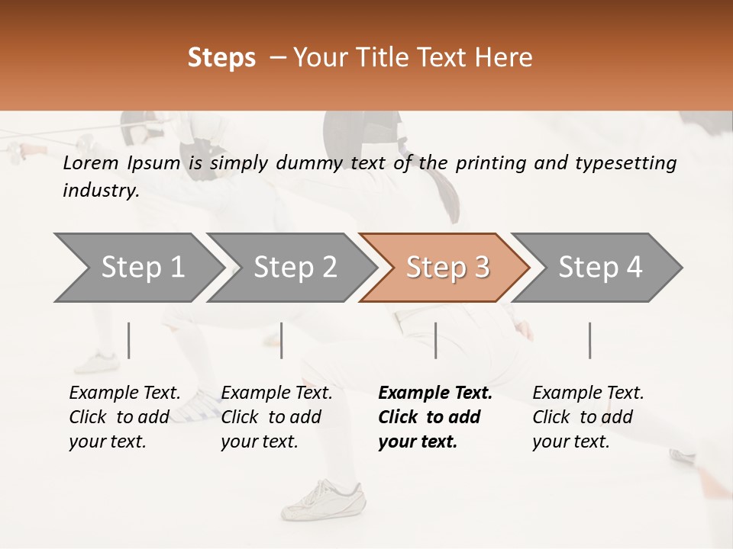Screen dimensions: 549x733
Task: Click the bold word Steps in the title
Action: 221,58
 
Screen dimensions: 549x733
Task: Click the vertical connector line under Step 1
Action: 128,340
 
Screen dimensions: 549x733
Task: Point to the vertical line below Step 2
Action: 282,340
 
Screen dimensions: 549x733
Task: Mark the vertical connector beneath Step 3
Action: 435,340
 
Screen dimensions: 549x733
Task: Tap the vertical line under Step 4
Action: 589,340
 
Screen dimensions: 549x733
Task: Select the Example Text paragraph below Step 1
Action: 124,417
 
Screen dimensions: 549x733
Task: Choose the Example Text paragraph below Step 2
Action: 276,417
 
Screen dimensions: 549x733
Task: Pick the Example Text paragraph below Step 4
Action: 587,417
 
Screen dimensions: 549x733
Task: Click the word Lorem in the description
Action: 91,162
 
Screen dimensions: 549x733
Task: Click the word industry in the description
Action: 100,191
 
